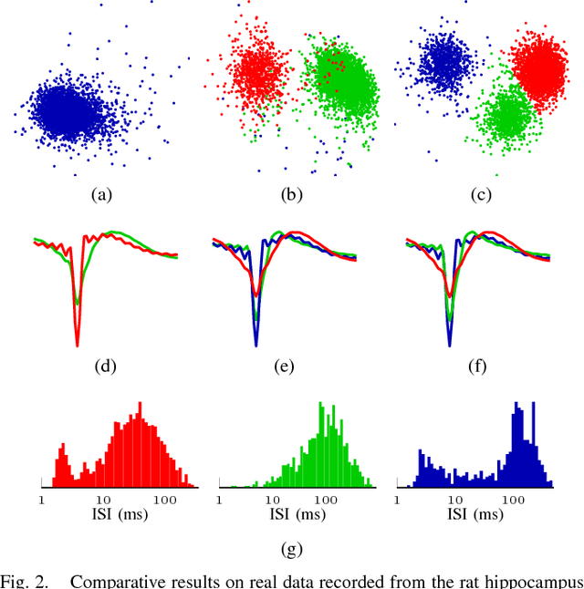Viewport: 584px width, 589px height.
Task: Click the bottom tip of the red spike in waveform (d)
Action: [78, 346]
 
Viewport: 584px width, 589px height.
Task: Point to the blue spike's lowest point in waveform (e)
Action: [255, 346]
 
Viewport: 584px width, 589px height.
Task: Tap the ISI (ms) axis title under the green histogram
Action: [291, 514]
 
